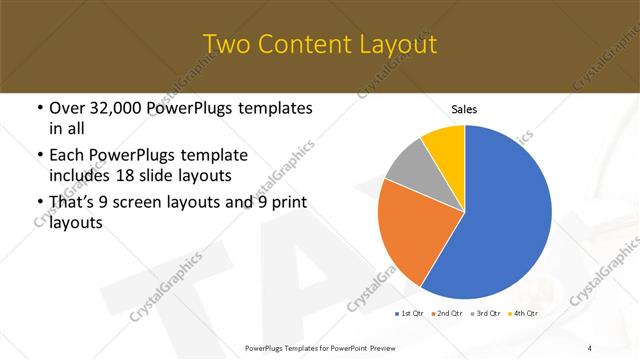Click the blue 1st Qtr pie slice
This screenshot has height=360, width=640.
click(505, 215)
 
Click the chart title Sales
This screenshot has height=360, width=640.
click(464, 108)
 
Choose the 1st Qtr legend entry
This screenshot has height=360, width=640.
click(409, 314)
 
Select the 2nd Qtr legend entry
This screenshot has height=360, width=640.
click(447, 314)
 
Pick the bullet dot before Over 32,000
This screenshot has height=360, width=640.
click(39, 108)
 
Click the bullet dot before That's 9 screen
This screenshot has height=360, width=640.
click(39, 203)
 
